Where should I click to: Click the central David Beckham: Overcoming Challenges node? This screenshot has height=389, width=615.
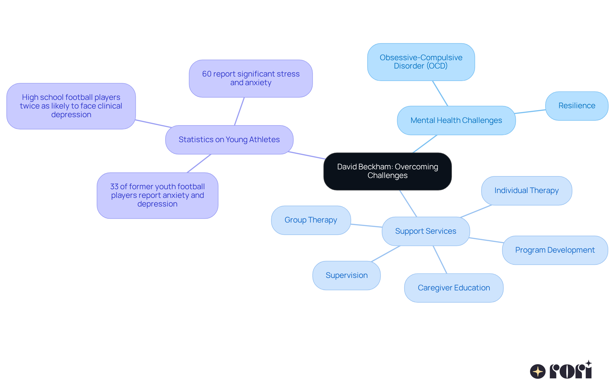pos(387,171)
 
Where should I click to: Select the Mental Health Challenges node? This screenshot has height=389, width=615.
pos(456,120)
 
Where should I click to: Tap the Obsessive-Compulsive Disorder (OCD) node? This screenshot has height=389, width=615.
pos(421,62)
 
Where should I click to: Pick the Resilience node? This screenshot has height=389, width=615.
pos(577,106)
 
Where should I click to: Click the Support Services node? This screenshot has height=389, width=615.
pos(426,231)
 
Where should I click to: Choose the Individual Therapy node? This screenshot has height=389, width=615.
pos(526,190)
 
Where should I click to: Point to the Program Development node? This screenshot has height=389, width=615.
pos(555,250)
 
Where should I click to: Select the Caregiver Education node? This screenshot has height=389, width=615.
pos(454,288)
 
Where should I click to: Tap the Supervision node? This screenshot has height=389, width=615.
pos(346,275)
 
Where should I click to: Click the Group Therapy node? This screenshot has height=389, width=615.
pos(311,220)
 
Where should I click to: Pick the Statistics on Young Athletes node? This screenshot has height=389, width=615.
pos(229,140)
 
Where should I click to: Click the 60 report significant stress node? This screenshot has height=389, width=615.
pos(251,78)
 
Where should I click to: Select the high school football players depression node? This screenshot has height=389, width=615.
pos(71,106)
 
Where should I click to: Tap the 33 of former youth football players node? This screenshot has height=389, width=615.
pos(157,195)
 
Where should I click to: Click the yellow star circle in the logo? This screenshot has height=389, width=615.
pos(538,371)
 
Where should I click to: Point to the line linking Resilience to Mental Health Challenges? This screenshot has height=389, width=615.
pos(530,111)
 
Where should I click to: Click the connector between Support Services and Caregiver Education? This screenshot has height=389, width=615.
pos(440,259)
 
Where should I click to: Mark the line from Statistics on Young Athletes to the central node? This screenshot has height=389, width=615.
pos(307,155)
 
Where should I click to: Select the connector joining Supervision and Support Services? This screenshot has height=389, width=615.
pos(386,254)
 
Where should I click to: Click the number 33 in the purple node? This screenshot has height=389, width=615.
pos(114,187)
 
